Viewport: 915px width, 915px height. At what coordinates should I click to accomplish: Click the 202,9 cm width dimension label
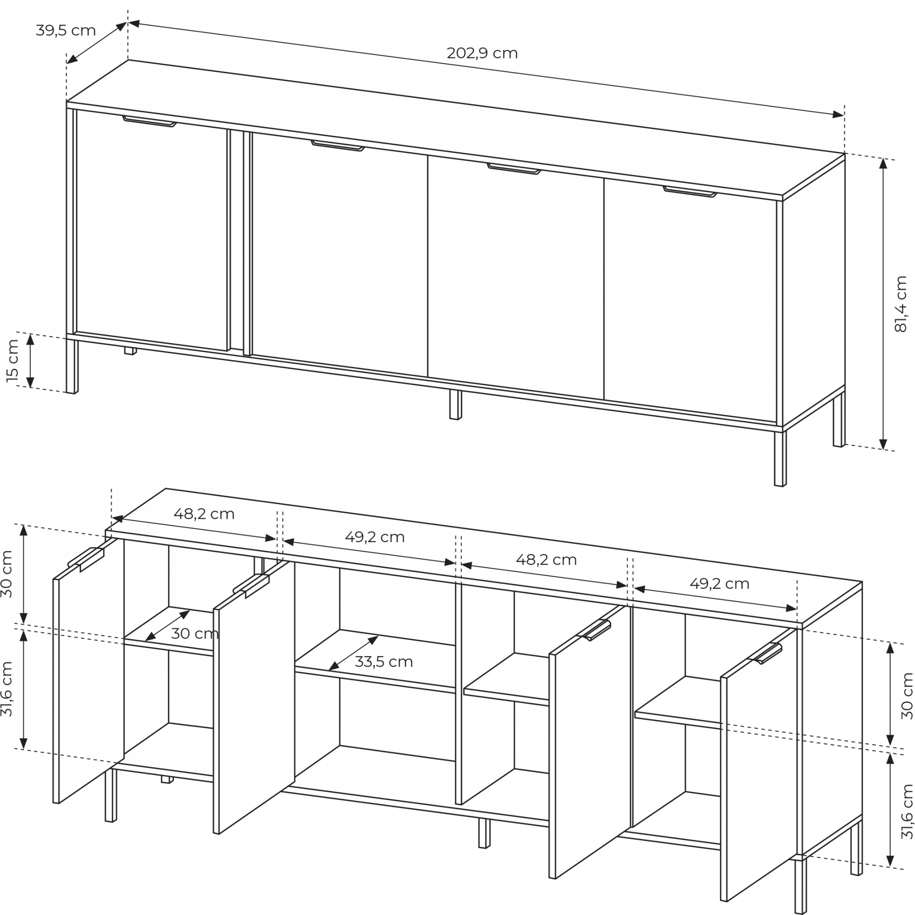coord(482,53)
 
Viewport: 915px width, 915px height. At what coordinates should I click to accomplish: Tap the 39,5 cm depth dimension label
coord(66,30)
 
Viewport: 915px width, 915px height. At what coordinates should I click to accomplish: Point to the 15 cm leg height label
coord(13,361)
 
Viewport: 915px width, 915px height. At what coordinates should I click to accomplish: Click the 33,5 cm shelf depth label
coord(384,662)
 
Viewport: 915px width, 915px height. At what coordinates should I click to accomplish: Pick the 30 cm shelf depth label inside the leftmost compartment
coord(194,633)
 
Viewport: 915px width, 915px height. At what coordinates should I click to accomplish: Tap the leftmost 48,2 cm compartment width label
coord(204,514)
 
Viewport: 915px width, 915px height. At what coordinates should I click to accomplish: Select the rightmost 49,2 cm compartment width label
coord(719,583)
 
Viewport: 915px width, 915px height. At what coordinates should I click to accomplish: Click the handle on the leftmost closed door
coord(149,121)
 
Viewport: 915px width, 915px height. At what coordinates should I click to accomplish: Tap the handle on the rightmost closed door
coord(690,191)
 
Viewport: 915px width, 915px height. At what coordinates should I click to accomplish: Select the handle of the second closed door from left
coord(338,145)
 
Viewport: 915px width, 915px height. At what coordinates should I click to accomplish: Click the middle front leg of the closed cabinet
coord(455,404)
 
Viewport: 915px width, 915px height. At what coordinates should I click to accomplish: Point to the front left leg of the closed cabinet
coord(72,366)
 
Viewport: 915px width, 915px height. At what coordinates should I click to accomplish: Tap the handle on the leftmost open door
coord(86,560)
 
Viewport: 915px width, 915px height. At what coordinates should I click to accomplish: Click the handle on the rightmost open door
coord(765,654)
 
